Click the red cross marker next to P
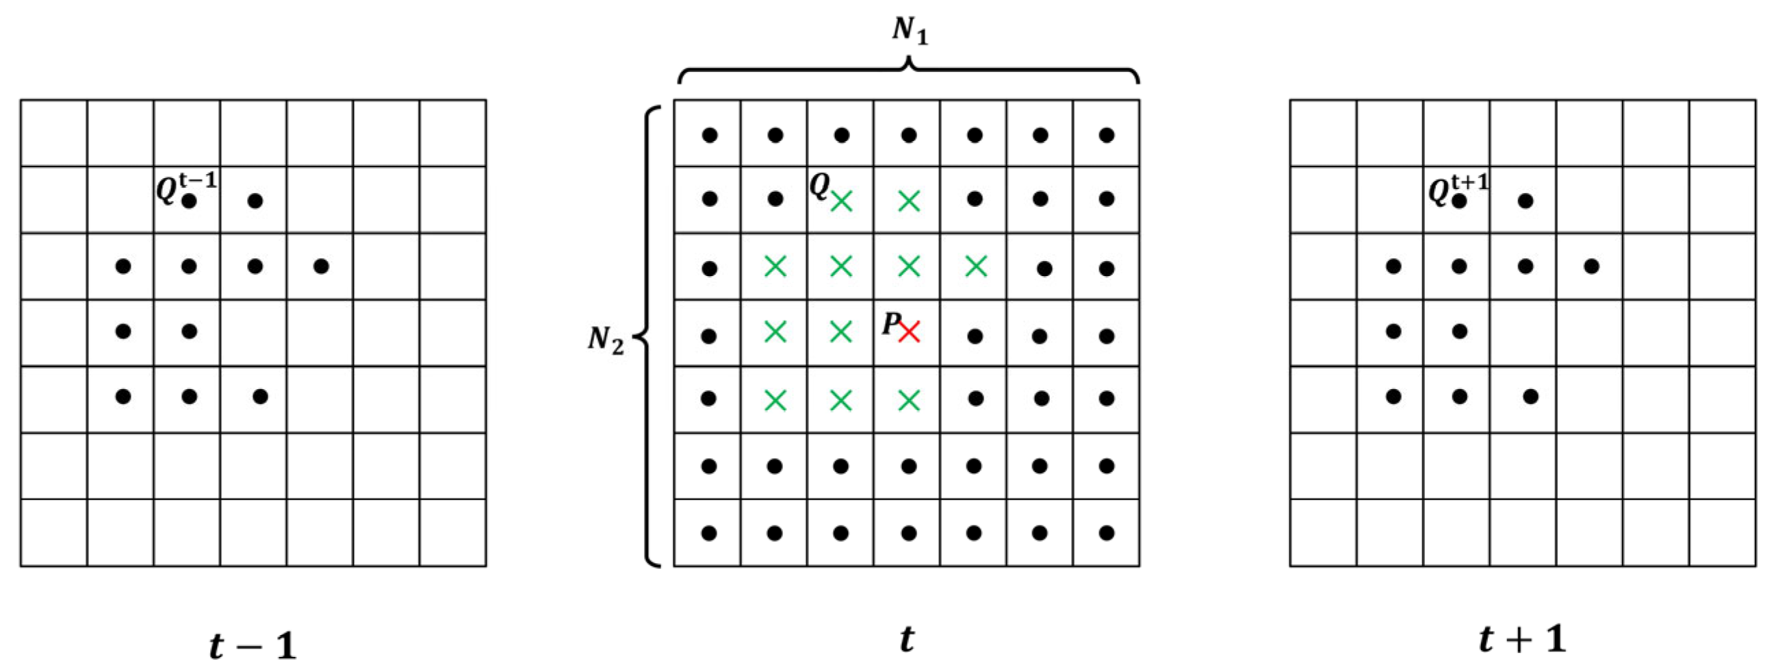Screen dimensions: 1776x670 pos(909,332)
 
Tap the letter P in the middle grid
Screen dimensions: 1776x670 pos(892,323)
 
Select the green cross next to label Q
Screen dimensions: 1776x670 pos(841,201)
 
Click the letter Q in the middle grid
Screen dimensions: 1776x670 pos(819,186)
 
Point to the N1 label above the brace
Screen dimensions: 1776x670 pos(910,30)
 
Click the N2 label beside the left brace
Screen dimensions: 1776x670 pos(606,340)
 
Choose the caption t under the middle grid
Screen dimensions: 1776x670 pos(908,640)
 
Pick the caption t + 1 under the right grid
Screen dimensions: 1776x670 pos(1522,640)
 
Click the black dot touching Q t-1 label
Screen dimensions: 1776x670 pos(189,201)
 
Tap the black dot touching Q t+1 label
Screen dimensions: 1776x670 pos(1459,201)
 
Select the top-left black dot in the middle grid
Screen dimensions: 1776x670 pos(710,135)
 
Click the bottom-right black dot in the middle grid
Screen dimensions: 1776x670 pos(1107,533)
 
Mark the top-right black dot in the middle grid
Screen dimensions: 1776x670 pos(1107,135)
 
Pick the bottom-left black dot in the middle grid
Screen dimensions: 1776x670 pos(709,533)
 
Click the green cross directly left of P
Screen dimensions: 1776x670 pos(841,332)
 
